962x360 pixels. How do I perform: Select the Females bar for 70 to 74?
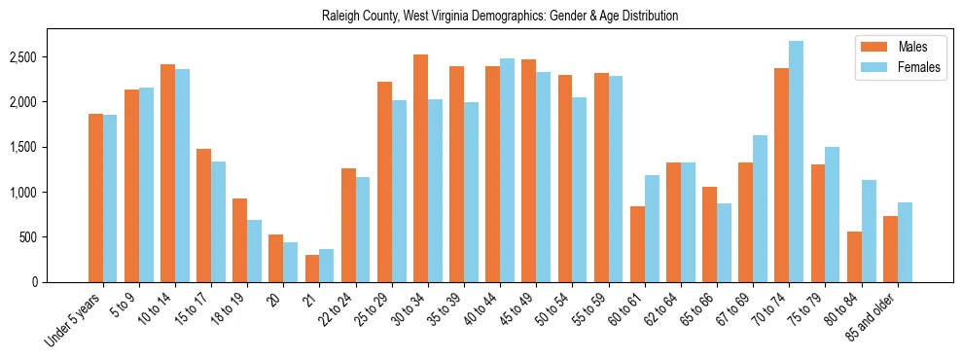[x=796, y=162]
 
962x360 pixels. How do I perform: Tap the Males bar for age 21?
[x=312, y=269]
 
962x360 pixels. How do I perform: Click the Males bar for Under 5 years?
[x=95, y=198]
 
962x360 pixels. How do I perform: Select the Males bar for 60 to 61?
[x=637, y=244]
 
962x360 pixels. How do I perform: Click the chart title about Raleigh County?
[x=499, y=17]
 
